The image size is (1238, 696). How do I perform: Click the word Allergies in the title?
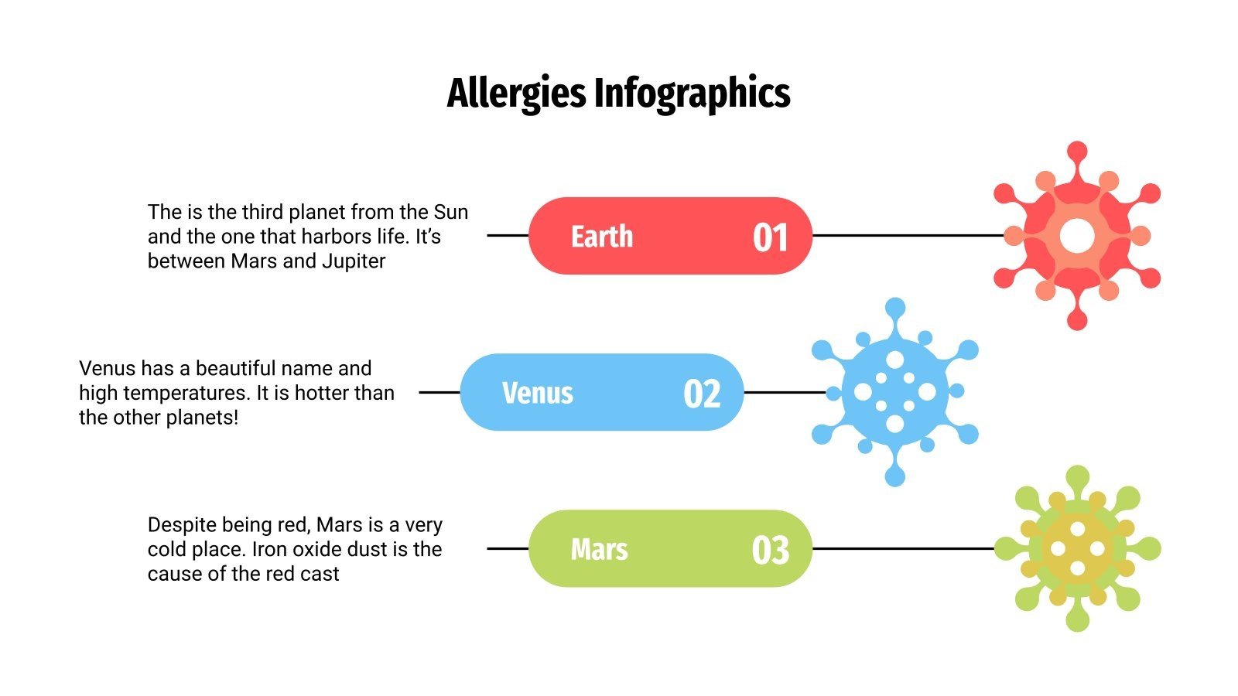click(x=516, y=94)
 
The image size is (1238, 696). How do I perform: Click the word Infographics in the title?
click(x=692, y=94)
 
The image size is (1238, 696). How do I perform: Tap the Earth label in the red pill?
click(x=602, y=237)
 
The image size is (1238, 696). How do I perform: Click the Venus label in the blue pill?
click(x=538, y=393)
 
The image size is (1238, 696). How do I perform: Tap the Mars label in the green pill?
click(x=599, y=550)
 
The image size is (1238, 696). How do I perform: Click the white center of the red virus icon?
click(x=1077, y=236)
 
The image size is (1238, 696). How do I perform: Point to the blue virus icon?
click(x=895, y=392)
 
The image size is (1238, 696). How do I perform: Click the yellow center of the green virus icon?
click(x=1077, y=549)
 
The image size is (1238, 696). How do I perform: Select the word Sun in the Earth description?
click(x=450, y=212)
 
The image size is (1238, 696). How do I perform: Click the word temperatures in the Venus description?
click(x=186, y=393)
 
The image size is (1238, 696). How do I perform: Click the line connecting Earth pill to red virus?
click(x=905, y=235)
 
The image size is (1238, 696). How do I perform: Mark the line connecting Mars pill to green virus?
click(x=901, y=548)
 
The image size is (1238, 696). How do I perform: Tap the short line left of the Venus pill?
click(x=439, y=392)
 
